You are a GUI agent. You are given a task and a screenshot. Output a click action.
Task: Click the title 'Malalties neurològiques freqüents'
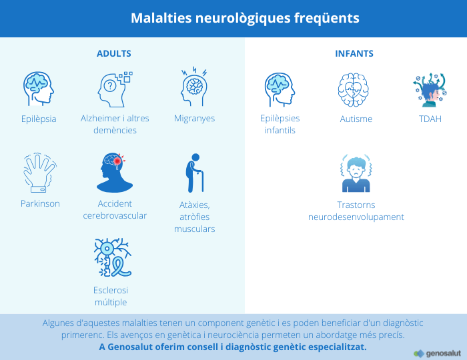coord(245,18)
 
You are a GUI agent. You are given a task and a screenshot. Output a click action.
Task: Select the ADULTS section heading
coord(113,53)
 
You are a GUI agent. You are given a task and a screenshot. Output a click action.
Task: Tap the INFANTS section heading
coord(354,53)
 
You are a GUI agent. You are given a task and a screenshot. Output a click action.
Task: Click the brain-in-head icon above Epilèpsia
coord(38,88)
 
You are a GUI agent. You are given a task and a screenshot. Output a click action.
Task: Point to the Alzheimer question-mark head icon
coord(115,89)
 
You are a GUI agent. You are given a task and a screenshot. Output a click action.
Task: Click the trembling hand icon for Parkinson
coord(39,172)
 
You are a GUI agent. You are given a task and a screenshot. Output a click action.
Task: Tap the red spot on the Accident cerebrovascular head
coord(118,161)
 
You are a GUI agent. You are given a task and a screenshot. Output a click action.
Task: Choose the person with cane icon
coord(194,173)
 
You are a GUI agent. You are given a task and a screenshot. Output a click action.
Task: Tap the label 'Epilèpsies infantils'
coord(280,124)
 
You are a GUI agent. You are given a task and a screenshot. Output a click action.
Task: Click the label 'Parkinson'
coord(40,203)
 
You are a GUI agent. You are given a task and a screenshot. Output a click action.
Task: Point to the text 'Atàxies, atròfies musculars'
coord(194,216)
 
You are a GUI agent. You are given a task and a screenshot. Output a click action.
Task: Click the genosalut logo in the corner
coord(436,353)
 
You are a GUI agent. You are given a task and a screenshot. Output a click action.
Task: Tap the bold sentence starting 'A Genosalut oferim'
coord(232,347)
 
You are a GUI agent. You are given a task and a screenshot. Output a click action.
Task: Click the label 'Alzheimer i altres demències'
coord(115,124)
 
